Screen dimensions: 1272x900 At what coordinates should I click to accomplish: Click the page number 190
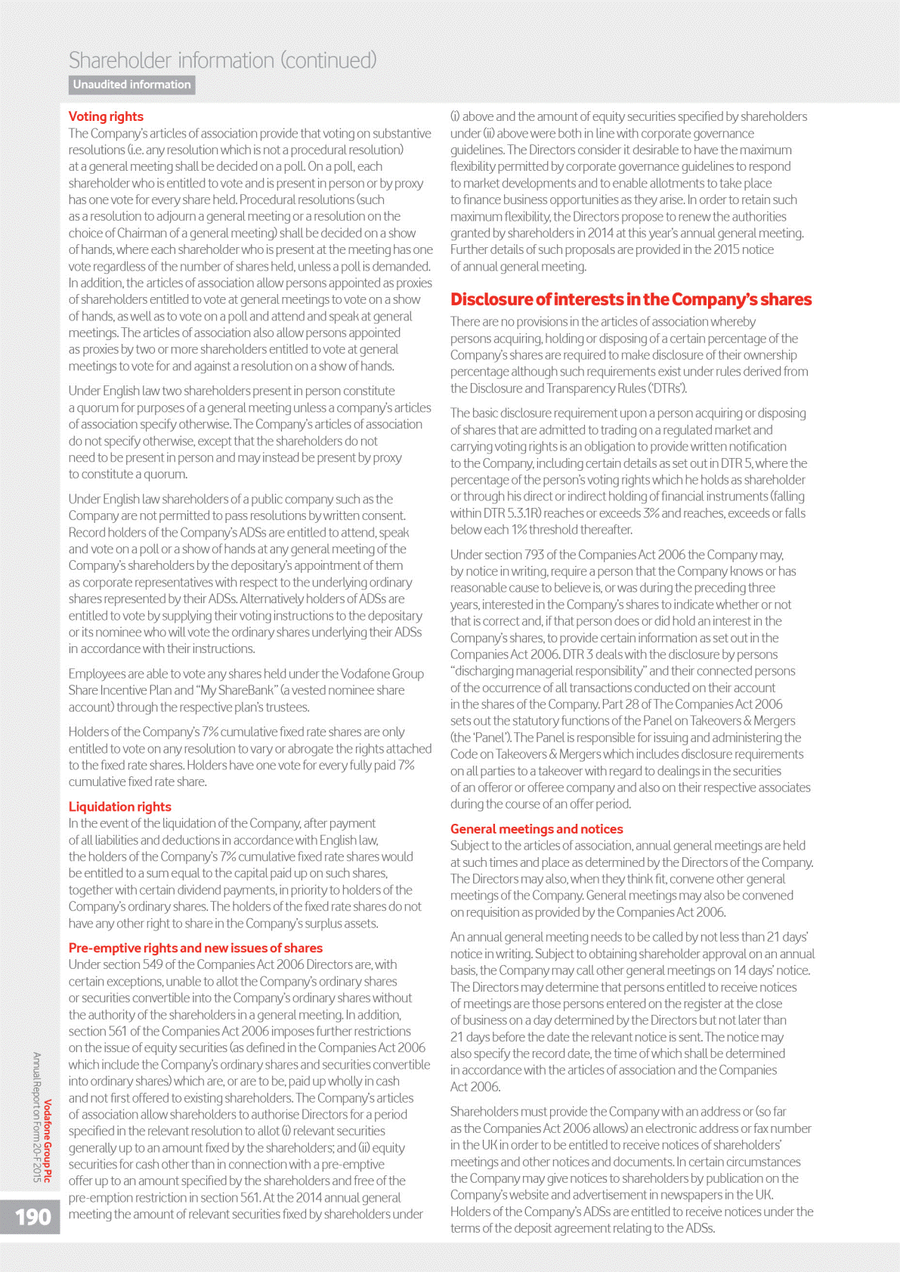click(x=33, y=1217)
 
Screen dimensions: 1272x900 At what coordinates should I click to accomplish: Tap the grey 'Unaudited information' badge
click(x=131, y=85)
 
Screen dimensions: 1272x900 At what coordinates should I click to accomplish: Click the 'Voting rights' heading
click(x=106, y=116)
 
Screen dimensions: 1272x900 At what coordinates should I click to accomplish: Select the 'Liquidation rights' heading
click(x=119, y=806)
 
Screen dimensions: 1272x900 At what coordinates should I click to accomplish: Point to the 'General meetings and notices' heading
click(x=537, y=829)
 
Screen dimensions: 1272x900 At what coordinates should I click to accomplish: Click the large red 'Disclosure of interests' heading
click(x=630, y=299)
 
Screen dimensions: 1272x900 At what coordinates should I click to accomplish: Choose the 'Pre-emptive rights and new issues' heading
click(x=195, y=948)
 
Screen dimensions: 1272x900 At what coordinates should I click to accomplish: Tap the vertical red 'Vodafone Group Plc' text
click(x=48, y=1140)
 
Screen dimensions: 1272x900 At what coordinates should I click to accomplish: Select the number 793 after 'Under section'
click(x=534, y=555)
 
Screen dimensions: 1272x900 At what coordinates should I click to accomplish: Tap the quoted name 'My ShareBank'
click(x=237, y=690)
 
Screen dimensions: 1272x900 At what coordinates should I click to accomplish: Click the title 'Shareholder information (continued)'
click(x=222, y=60)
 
